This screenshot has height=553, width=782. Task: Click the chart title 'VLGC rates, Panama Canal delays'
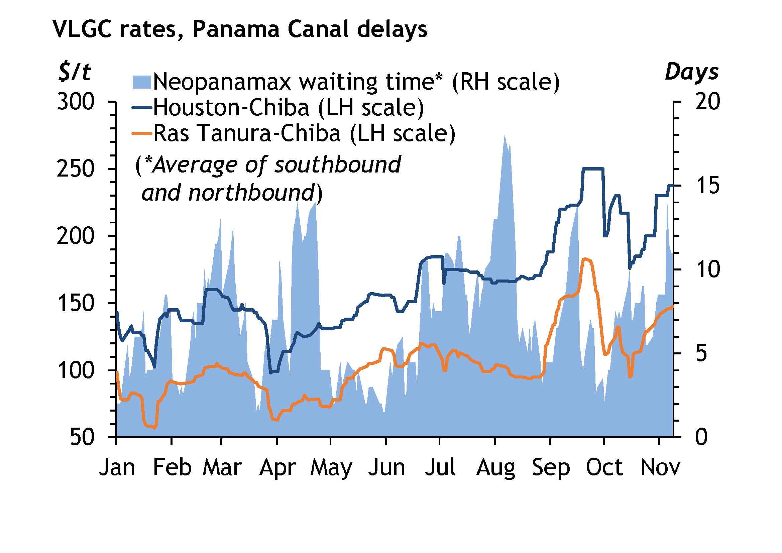click(239, 29)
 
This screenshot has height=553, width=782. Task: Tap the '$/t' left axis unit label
click(75, 72)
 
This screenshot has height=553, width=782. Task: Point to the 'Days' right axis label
click(691, 72)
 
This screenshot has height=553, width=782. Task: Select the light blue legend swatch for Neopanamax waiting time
click(141, 82)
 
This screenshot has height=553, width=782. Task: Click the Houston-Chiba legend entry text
click(289, 108)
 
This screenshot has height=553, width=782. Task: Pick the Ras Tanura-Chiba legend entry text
click(304, 133)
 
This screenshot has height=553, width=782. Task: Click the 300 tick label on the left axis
click(75, 102)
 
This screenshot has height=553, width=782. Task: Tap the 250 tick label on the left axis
click(75, 169)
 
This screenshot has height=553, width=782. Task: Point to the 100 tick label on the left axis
click(75, 370)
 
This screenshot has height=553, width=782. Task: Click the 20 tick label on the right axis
click(708, 102)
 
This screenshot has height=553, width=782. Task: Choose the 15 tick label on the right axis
click(708, 186)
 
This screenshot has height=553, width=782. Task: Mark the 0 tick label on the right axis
click(702, 438)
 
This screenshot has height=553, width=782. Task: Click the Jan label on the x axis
click(117, 467)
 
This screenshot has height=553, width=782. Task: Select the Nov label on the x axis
click(660, 467)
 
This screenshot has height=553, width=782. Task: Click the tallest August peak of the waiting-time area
click(505, 136)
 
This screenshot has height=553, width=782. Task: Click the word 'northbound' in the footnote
click(251, 193)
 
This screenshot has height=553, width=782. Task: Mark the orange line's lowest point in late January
click(155, 428)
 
